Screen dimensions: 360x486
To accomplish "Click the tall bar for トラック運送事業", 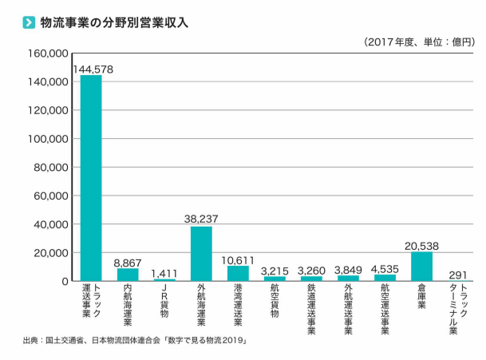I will tap(91, 178).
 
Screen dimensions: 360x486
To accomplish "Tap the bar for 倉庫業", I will tap(421, 267).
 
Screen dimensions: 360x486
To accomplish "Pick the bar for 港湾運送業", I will tap(238, 273).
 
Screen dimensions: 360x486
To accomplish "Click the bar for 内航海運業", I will tap(128, 275).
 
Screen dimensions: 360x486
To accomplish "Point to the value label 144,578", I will tap(93, 69).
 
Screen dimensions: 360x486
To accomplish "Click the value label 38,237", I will tap(201, 218).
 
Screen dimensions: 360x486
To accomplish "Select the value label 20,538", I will tap(421, 246).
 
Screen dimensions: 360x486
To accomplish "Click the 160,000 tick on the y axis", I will tap(48, 54).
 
